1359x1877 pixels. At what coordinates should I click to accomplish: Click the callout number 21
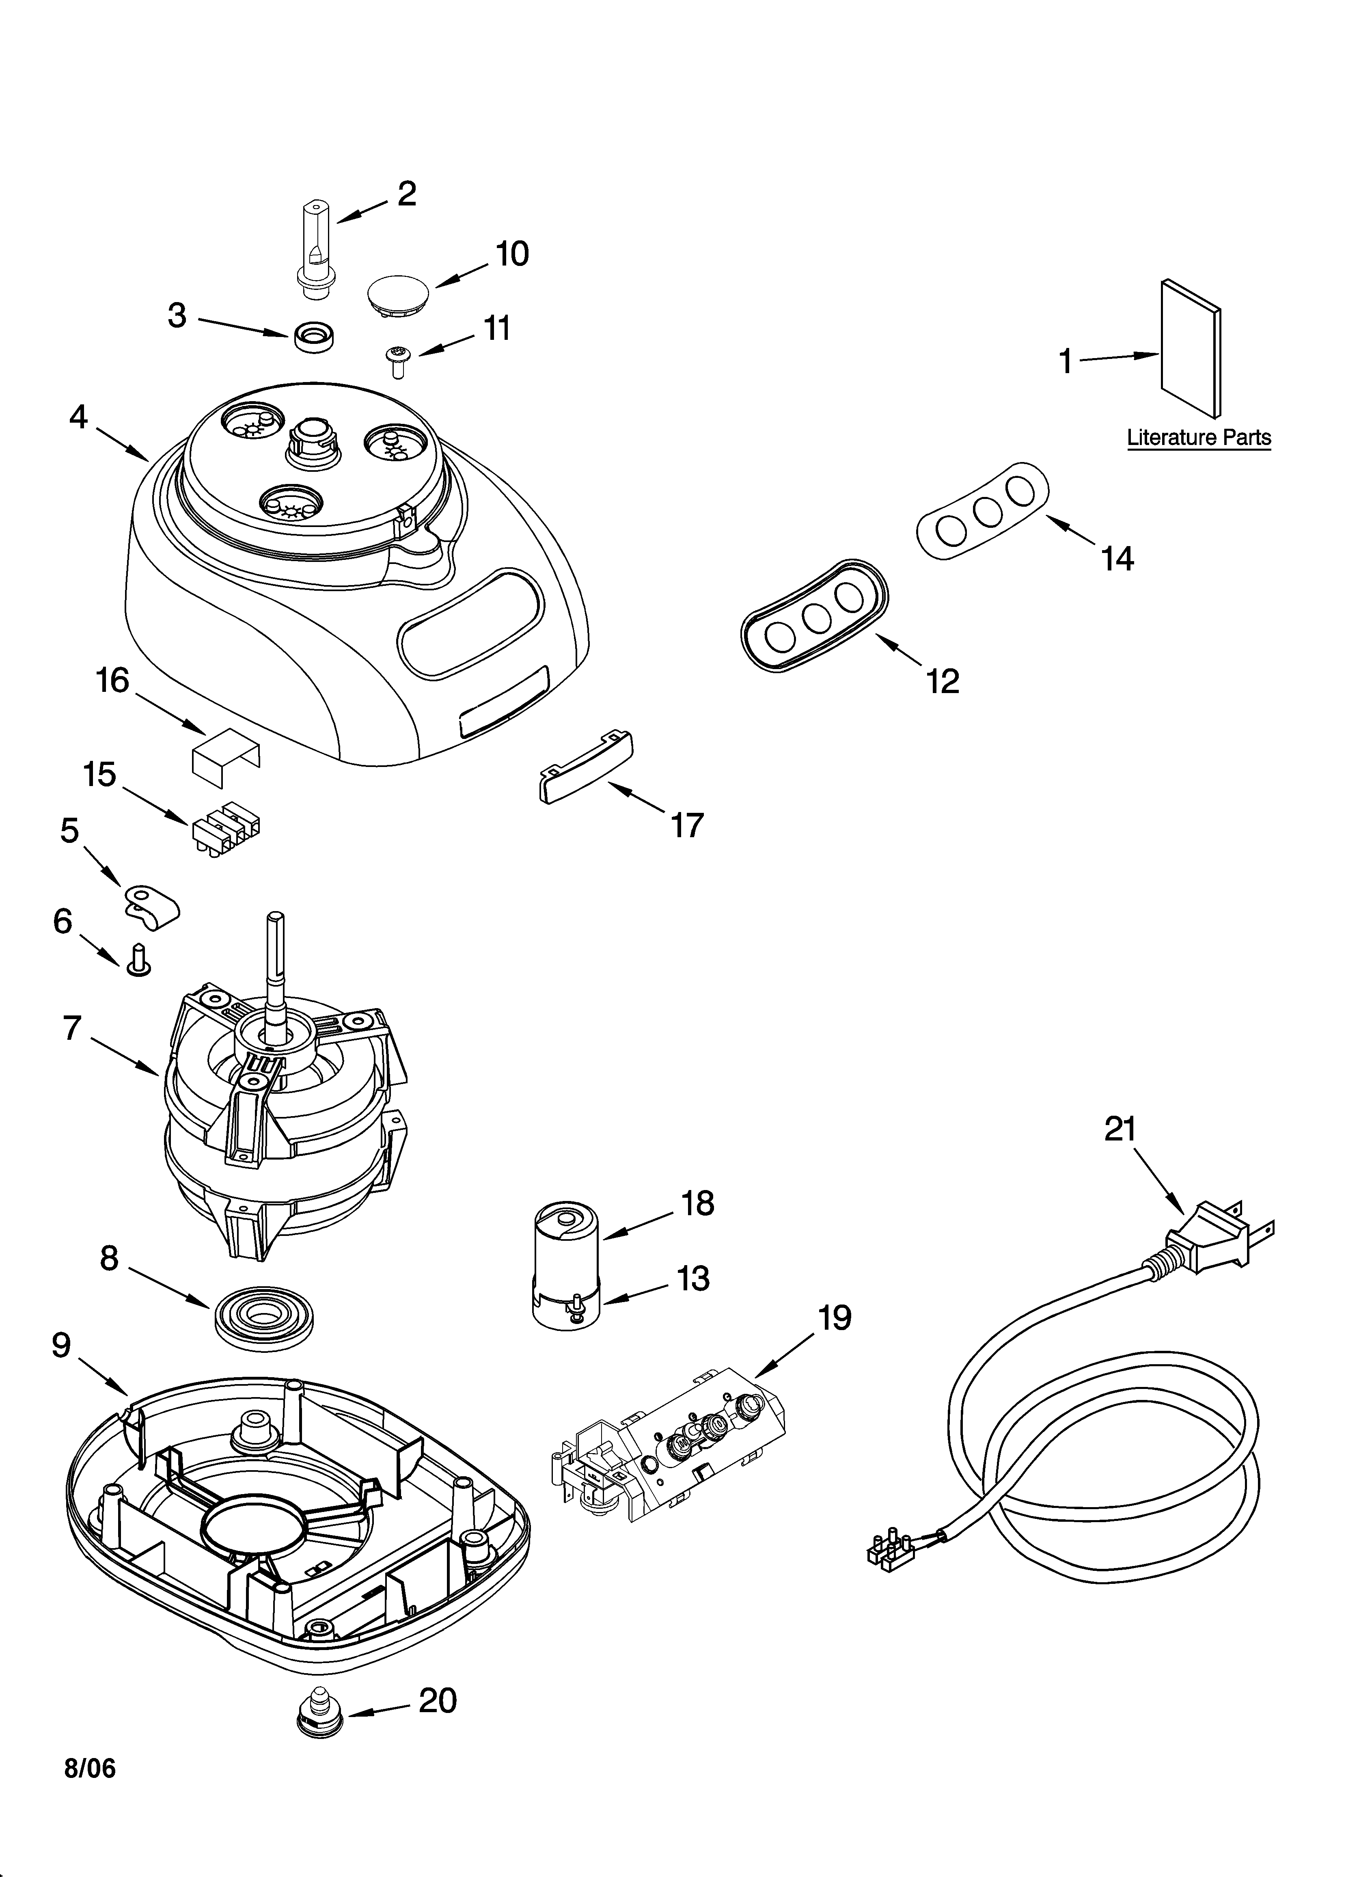point(1121,1129)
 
